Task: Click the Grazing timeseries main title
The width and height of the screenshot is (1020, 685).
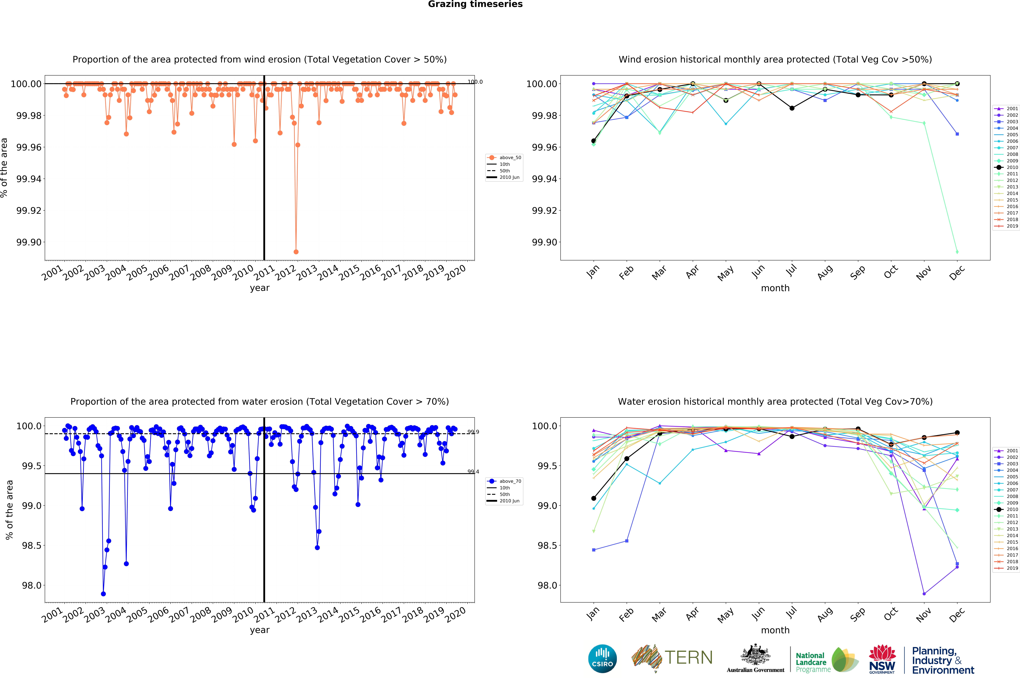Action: coord(475,4)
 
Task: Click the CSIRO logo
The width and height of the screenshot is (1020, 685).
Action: coord(602,658)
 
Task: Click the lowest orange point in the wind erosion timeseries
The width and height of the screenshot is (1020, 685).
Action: coord(296,252)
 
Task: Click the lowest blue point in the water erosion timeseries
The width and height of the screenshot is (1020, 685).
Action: coord(103,594)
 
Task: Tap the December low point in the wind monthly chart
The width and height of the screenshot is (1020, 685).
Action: coord(957,252)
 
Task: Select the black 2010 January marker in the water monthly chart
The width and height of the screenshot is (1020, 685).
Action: coord(593,498)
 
